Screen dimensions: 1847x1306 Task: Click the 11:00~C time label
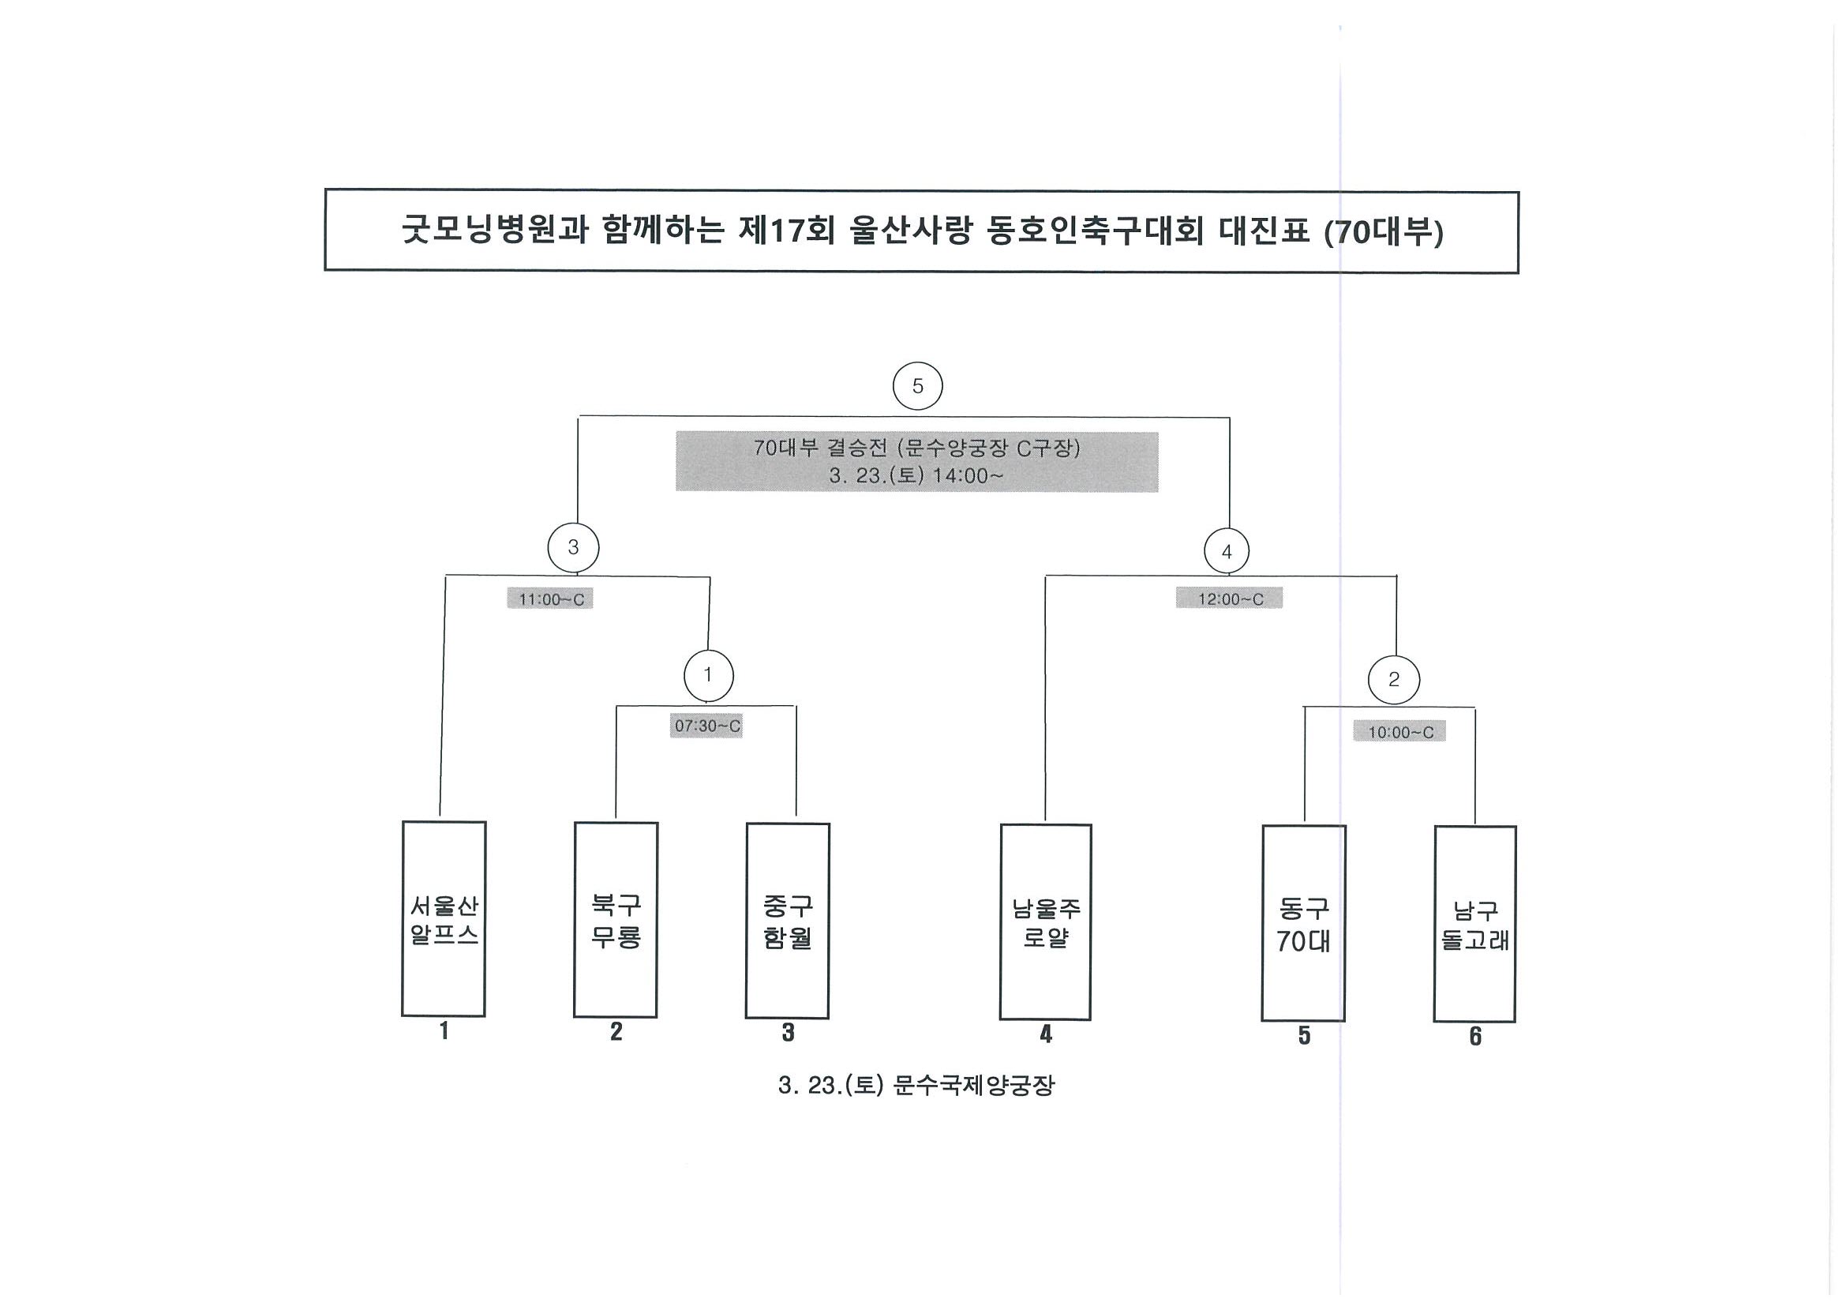click(x=550, y=599)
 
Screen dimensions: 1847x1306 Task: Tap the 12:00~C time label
click(x=1230, y=599)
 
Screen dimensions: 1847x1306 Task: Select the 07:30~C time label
click(x=706, y=726)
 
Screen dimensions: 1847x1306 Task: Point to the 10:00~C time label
click(x=1399, y=732)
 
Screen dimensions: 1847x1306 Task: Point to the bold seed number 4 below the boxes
click(x=1046, y=1034)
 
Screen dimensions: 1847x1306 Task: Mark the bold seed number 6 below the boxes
click(x=1475, y=1037)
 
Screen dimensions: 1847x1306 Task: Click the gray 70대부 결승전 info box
click(x=917, y=462)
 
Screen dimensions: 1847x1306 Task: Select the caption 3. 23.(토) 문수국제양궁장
click(x=916, y=1086)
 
